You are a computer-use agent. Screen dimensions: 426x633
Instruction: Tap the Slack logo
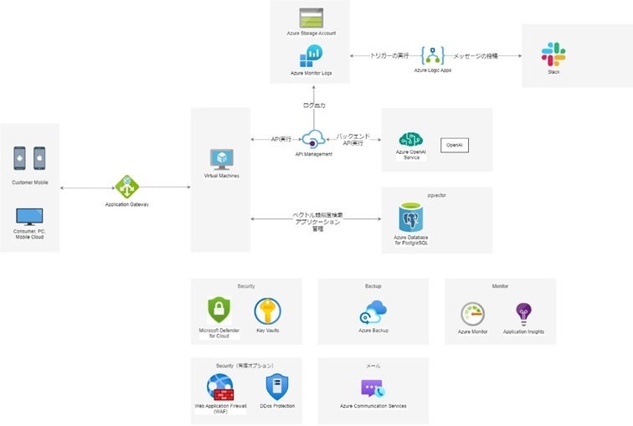[553, 54]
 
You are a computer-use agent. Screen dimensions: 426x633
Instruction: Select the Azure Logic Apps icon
[433, 55]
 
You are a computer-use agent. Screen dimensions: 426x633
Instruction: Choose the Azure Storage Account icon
[311, 18]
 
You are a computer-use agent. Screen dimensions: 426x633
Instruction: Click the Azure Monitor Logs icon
[311, 56]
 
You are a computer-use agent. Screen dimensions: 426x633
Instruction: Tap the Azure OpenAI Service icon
[410, 141]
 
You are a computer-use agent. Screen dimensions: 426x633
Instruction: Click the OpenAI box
[454, 145]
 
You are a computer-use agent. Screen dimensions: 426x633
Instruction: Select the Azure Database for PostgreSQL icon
[411, 218]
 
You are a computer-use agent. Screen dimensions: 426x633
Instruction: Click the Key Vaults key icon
[268, 312]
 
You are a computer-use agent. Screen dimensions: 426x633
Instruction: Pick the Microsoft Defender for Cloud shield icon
[219, 311]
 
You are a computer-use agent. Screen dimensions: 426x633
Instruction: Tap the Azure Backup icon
[373, 312]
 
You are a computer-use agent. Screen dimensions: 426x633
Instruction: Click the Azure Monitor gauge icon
[473, 314]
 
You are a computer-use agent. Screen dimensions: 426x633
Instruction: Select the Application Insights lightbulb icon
[523, 314]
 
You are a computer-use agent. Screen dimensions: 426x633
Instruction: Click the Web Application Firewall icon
[222, 388]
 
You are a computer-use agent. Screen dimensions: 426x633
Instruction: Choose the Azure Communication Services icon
[373, 388]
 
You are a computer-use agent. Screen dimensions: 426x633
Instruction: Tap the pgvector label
[436, 193]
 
